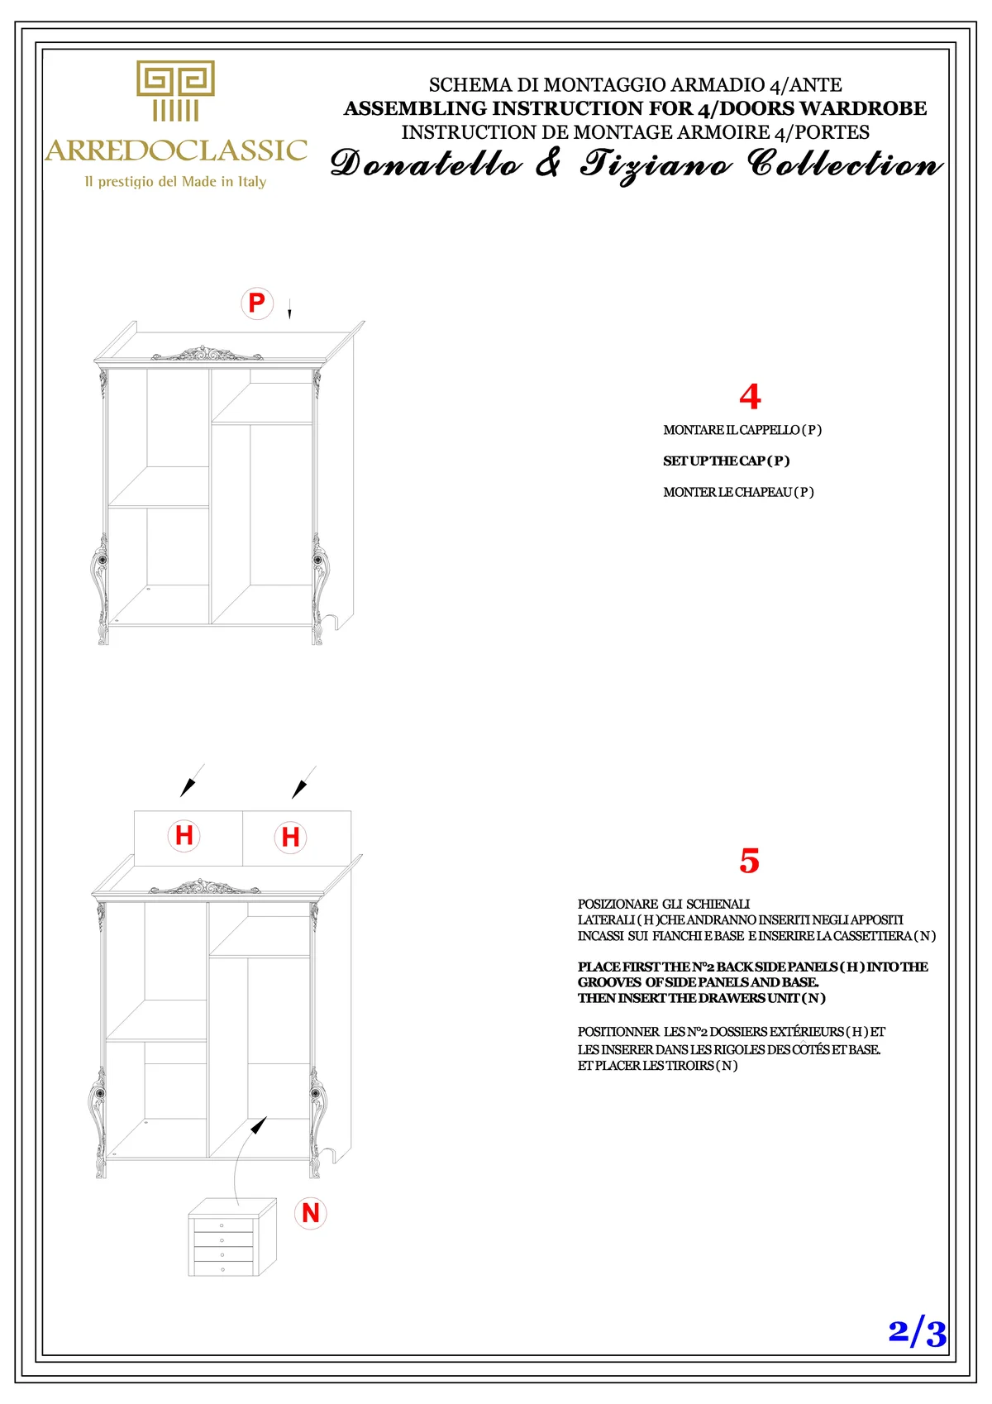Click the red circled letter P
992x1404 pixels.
click(x=257, y=303)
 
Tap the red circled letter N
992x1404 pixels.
click(x=311, y=1213)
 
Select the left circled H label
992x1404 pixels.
click(x=184, y=835)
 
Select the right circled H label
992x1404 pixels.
click(x=290, y=837)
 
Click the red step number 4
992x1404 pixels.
click(x=750, y=397)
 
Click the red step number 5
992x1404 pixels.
click(x=749, y=861)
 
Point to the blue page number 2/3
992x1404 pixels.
click(x=917, y=1333)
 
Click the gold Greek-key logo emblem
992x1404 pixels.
click(x=175, y=90)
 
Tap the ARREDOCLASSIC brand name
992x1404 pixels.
click(x=176, y=150)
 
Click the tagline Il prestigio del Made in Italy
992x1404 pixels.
click(x=175, y=182)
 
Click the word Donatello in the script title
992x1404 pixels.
click(x=426, y=164)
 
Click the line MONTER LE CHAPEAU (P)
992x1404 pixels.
click(x=738, y=492)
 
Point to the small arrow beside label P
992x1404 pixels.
click(x=289, y=312)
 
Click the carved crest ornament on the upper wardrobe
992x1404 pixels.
click(x=207, y=355)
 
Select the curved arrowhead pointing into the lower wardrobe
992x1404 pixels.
click(x=259, y=1125)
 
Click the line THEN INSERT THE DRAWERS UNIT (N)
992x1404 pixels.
click(x=701, y=998)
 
